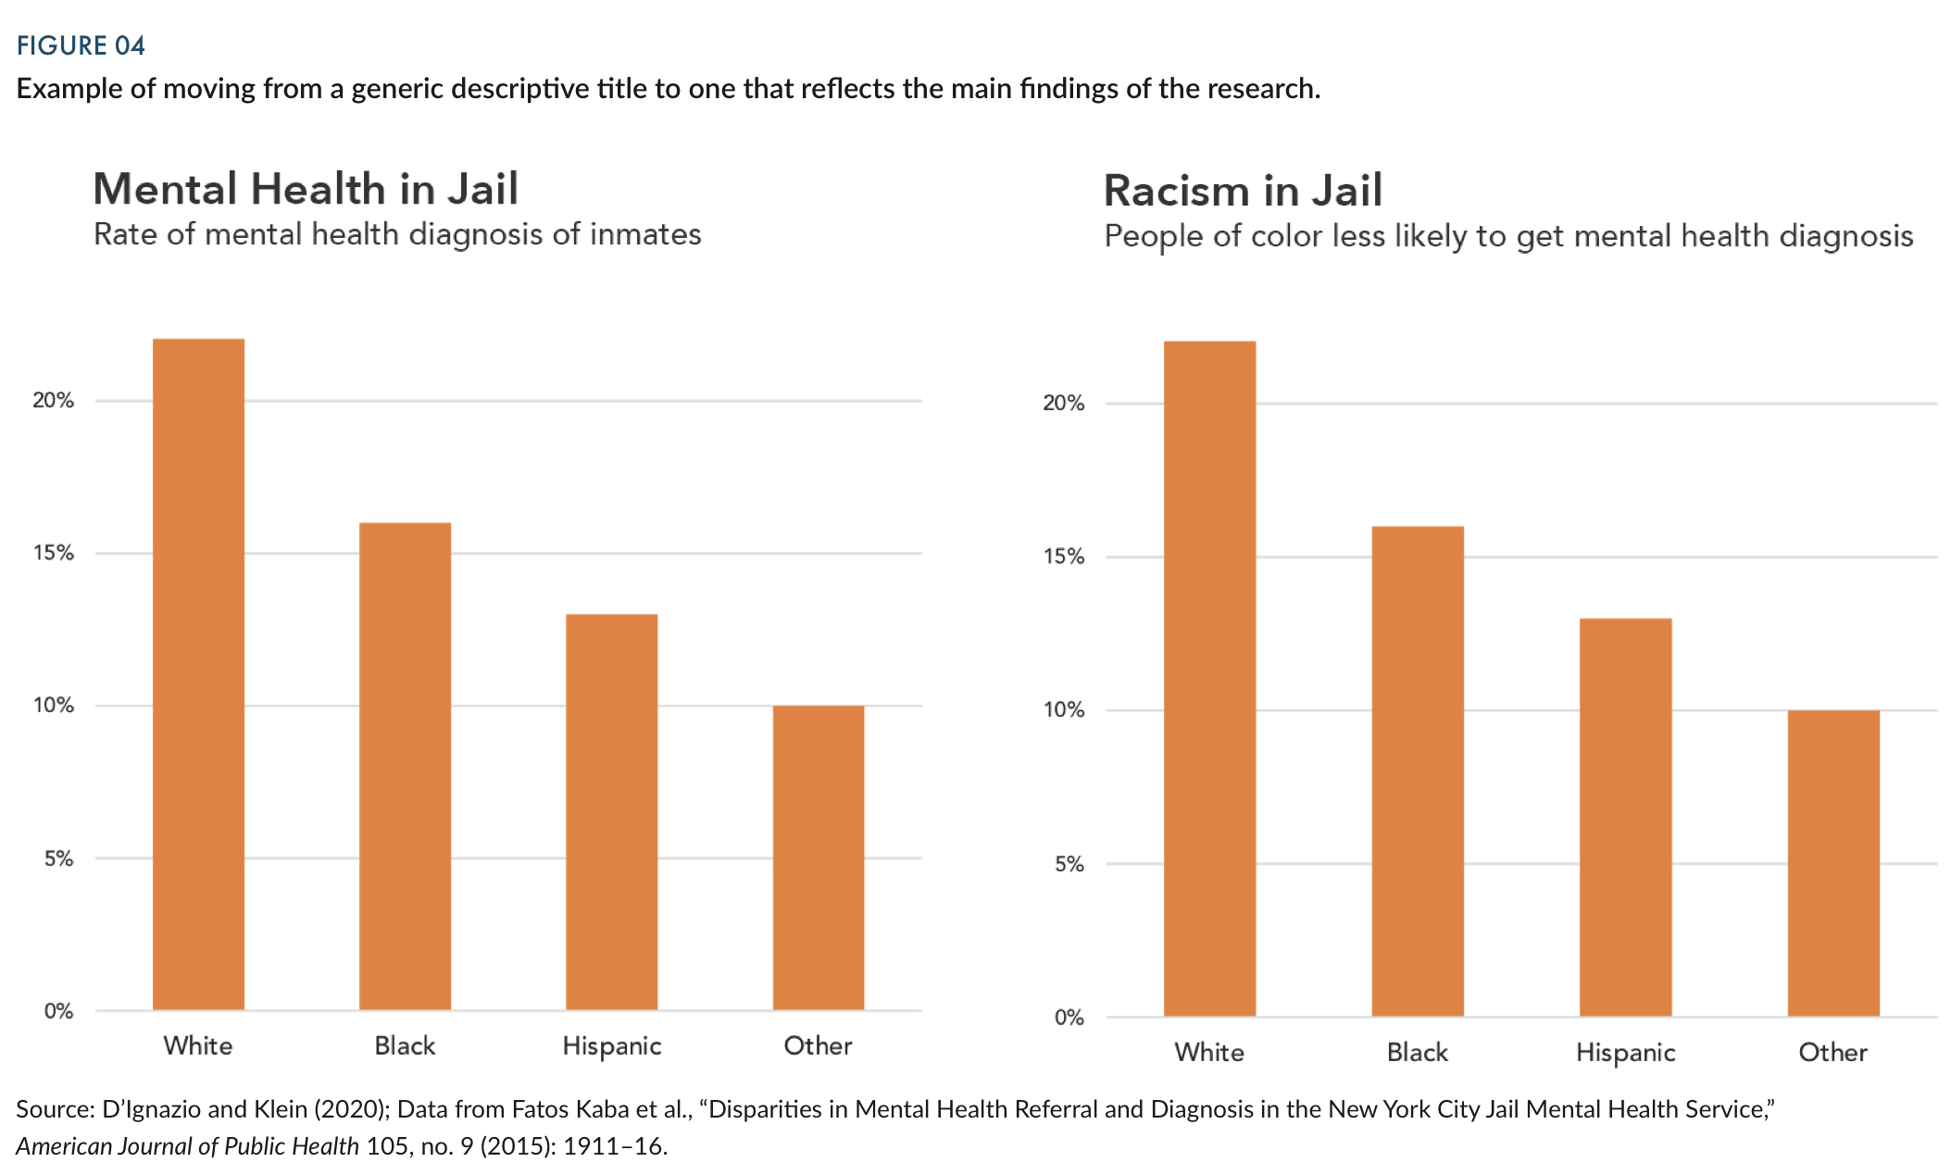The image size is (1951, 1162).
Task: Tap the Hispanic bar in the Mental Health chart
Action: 611,812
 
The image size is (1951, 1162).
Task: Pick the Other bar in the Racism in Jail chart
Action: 1832,863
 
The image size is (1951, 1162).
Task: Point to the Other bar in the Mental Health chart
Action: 818,857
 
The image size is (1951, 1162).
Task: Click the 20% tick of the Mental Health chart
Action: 54,400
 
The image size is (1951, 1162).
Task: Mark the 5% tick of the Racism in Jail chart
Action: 1069,864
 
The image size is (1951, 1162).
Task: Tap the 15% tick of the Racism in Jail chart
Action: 1064,556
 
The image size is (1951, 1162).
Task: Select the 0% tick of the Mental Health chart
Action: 58,1011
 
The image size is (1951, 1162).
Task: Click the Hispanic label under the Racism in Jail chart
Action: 1625,1052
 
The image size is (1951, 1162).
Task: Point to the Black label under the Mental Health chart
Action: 405,1045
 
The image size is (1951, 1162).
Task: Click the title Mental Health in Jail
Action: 306,189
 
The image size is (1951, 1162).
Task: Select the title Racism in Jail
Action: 1243,191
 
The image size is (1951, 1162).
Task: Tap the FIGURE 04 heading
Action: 81,45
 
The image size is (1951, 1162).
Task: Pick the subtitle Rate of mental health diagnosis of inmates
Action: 397,234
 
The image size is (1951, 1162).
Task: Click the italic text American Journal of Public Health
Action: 187,1145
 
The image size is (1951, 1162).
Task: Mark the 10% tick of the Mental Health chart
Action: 54,706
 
